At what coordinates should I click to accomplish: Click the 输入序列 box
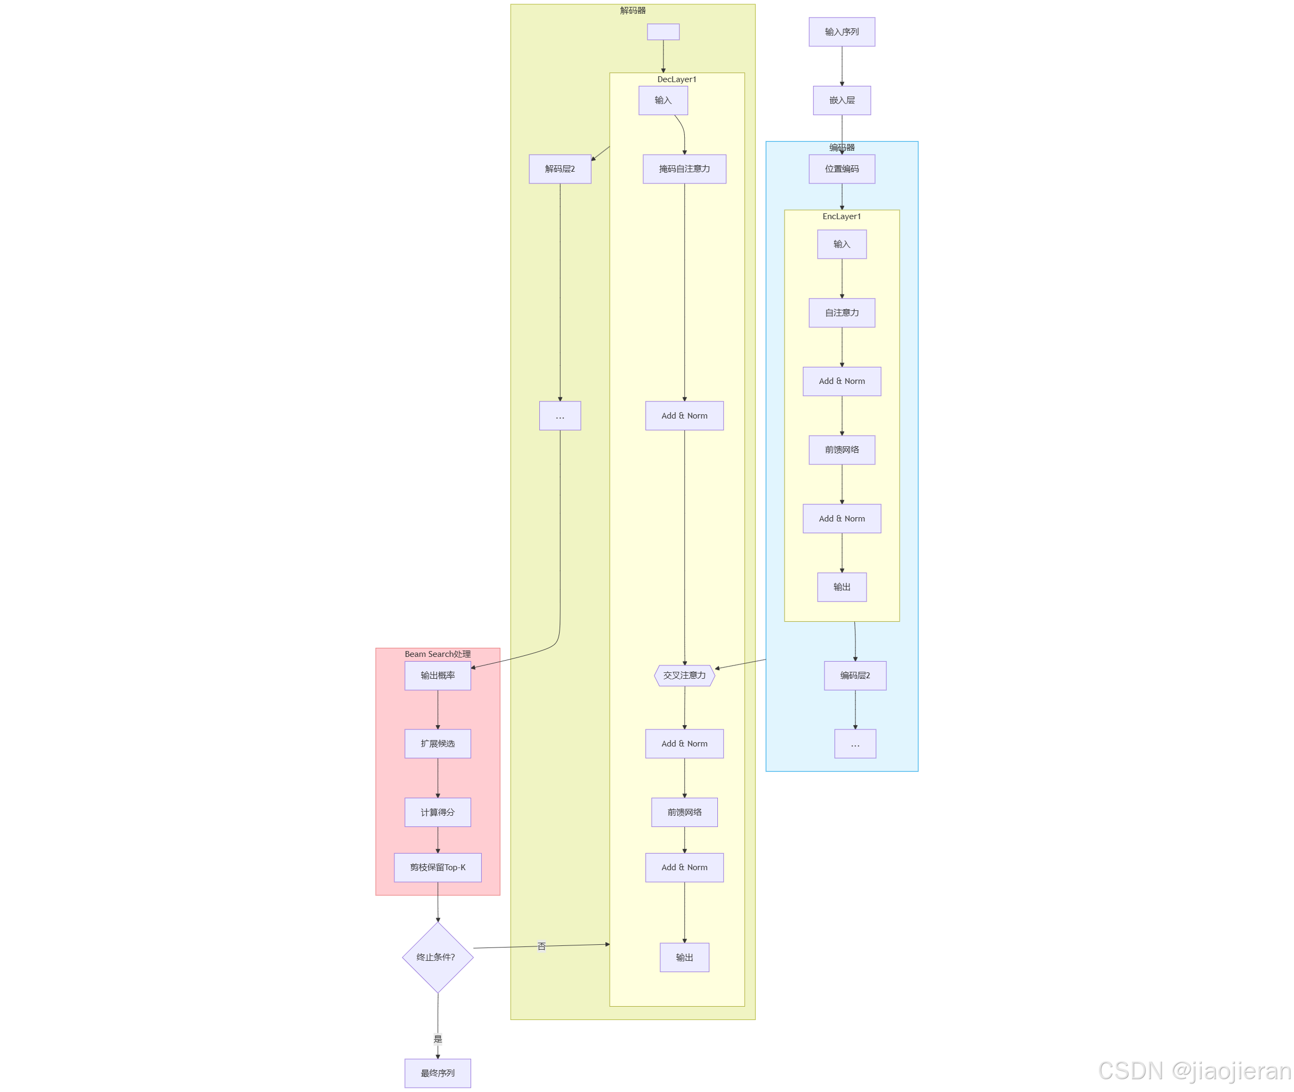click(x=842, y=31)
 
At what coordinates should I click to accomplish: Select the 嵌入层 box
click(x=842, y=100)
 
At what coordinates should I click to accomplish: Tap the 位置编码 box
click(x=842, y=169)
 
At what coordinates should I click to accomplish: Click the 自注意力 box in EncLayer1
click(x=842, y=312)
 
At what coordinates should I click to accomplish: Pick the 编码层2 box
click(x=855, y=676)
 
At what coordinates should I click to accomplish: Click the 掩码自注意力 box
click(x=684, y=169)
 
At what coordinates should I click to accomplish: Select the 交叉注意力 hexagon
click(x=684, y=676)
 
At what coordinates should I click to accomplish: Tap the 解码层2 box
click(x=560, y=169)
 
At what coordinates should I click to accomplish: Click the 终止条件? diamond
click(x=438, y=957)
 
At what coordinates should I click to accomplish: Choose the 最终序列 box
click(x=438, y=1073)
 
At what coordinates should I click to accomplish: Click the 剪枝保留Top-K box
click(x=438, y=868)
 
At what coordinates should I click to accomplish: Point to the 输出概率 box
click(x=438, y=676)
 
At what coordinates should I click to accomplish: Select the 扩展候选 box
click(x=438, y=743)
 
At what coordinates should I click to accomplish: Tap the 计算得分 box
click(x=438, y=812)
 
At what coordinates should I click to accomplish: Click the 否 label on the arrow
click(x=541, y=946)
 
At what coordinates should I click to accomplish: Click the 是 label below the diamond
click(x=438, y=1039)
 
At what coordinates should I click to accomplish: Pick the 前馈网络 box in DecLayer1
click(x=684, y=812)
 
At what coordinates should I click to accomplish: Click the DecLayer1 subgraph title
click(x=676, y=79)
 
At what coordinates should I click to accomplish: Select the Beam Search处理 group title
click(x=438, y=654)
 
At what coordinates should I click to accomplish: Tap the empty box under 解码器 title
click(x=663, y=31)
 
